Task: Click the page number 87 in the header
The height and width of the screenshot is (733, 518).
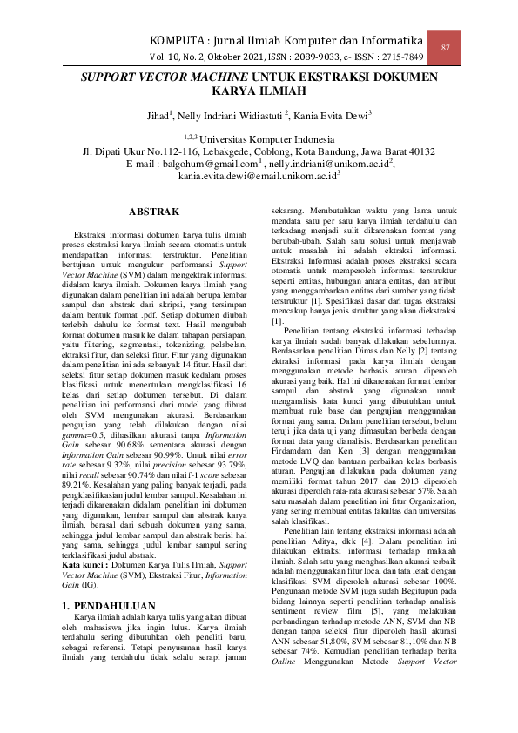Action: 446,47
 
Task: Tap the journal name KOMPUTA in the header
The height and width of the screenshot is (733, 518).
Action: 182,42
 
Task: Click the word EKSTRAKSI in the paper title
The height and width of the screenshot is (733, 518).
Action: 313,77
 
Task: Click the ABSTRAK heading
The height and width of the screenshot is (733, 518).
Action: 154,212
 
